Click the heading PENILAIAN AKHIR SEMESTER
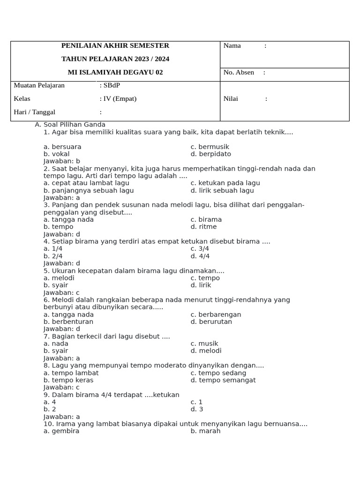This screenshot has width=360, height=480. (115, 46)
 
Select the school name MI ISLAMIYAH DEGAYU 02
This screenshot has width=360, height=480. (115, 73)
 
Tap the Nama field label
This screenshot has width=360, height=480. (232, 46)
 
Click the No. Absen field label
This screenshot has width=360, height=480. (239, 73)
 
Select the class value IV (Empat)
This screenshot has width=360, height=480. (120, 99)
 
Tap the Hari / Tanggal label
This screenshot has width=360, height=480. (35, 112)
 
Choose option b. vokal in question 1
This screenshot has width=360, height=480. (57, 154)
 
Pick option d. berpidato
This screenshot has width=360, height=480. (211, 154)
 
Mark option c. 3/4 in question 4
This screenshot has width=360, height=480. (200, 249)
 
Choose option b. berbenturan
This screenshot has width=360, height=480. (68, 322)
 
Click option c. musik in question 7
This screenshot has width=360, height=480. (204, 344)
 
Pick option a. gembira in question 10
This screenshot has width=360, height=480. (61, 431)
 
